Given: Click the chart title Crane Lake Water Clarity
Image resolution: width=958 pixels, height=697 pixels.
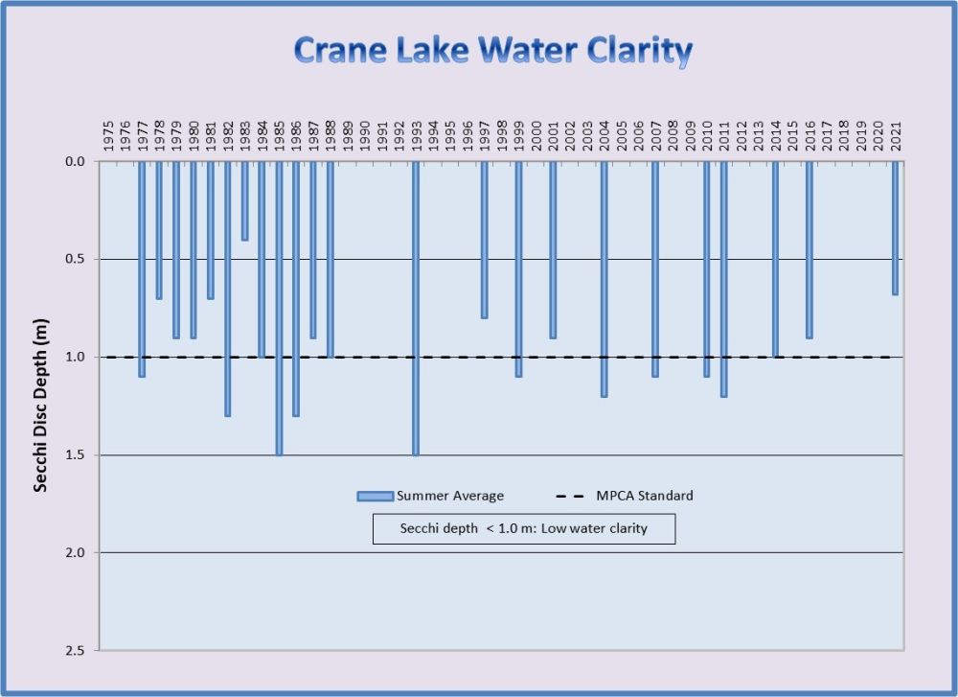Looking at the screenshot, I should coord(492,51).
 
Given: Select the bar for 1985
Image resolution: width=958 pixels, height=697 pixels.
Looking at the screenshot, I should coord(279,307).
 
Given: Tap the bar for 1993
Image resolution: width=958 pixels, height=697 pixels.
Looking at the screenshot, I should coord(416,307).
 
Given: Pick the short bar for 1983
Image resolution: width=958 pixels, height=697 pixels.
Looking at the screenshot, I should coord(244,200).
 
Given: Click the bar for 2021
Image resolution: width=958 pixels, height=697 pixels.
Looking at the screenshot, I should coord(895,227).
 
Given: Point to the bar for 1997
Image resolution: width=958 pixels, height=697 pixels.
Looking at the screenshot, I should coord(484,240).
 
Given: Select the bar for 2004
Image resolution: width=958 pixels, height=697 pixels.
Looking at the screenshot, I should coord(604,278).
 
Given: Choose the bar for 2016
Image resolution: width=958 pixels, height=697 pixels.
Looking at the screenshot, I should coord(810,249).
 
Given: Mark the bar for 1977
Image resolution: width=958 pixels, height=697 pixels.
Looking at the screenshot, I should coord(142,268).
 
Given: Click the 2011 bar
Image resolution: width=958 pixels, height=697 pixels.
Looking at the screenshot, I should coord(724,278).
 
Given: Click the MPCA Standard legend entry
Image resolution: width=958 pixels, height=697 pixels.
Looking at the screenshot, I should coord(625,496).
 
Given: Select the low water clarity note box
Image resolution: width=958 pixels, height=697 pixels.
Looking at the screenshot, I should coord(523,528).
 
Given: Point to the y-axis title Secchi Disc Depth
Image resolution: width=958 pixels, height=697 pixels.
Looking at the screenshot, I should coord(40,407).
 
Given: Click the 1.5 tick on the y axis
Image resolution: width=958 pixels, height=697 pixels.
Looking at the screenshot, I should coord(75,455).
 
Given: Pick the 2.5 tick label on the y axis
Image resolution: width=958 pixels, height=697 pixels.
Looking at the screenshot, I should coord(75,651).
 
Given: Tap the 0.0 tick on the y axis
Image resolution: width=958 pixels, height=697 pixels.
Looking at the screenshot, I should coord(75,161).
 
